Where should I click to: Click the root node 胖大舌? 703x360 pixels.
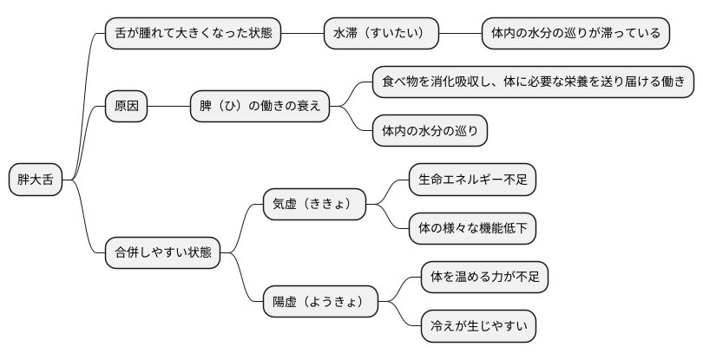click(35, 180)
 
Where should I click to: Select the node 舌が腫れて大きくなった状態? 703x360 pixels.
click(193, 34)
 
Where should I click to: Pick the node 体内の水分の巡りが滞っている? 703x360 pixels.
click(576, 34)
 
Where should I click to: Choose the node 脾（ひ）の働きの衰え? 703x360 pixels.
click(260, 107)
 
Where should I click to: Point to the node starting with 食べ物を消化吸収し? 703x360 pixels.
click(533, 82)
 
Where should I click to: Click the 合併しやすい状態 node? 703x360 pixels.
click(162, 253)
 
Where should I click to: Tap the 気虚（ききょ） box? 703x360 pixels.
click(314, 205)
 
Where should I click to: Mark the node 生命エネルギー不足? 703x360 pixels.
click(472, 180)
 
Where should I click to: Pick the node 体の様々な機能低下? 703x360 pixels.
click(472, 229)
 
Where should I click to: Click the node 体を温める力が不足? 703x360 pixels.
click(484, 278)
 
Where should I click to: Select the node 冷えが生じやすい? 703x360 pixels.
click(478, 326)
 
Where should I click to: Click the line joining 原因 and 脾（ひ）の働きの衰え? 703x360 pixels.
click(169, 107)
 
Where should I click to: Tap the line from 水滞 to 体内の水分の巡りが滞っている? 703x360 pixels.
click(460, 34)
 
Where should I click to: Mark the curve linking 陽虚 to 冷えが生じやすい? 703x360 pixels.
click(400, 316)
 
